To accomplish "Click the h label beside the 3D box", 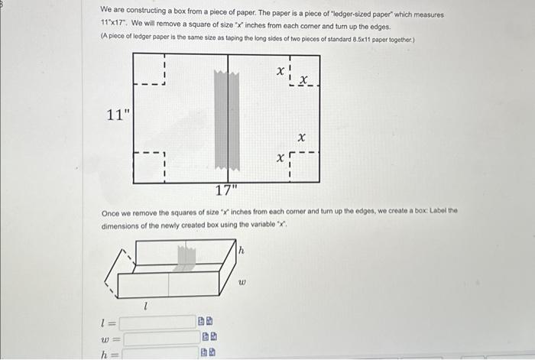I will (x=242, y=250).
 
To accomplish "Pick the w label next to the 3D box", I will (x=242, y=281).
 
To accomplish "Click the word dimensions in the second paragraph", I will (x=122, y=226).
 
